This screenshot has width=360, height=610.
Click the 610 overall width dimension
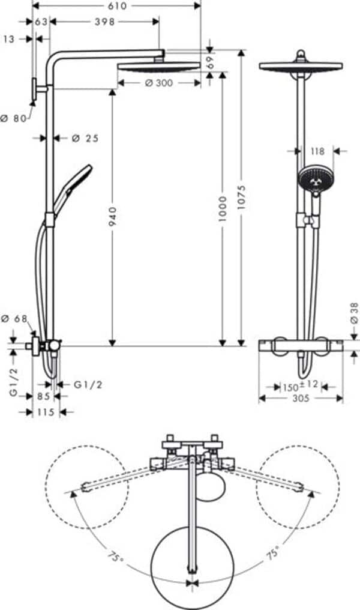pyautogui.click(x=117, y=6)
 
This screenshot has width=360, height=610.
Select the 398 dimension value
pyautogui.click(x=105, y=22)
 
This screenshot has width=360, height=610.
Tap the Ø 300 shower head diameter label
pyautogui.click(x=159, y=83)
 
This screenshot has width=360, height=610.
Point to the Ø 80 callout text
pyautogui.click(x=14, y=118)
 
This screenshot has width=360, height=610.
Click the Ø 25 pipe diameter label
pyautogui.click(x=85, y=138)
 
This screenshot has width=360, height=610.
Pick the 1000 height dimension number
pyautogui.click(x=223, y=208)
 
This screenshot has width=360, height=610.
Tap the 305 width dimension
pyautogui.click(x=301, y=398)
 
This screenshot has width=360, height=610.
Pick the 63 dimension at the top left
pyautogui.click(x=41, y=22)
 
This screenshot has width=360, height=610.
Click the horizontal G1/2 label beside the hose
pyautogui.click(x=88, y=384)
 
